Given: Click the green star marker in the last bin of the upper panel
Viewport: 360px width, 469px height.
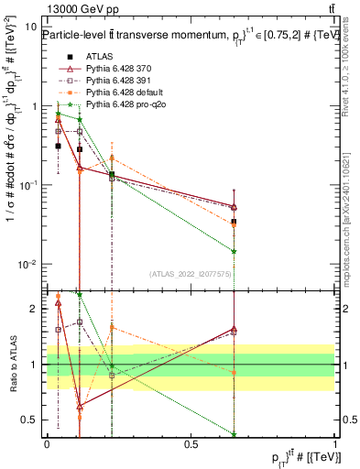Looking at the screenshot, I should tap(235, 251).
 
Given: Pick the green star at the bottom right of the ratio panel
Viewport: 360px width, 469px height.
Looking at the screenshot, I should tap(235, 434).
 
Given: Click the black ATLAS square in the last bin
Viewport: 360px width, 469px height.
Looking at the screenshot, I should tap(235, 222).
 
